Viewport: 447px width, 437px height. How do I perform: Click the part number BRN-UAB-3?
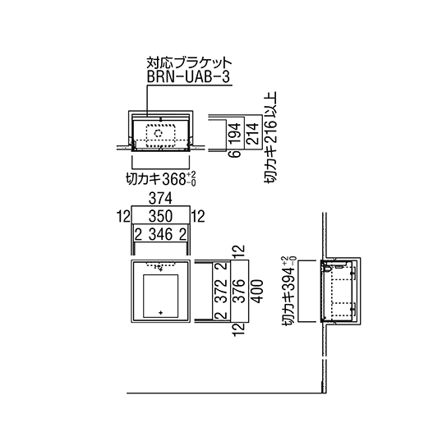188,76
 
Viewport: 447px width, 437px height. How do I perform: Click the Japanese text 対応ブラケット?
189,62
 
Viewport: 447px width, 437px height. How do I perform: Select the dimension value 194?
236,133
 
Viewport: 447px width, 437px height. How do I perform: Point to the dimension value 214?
252,133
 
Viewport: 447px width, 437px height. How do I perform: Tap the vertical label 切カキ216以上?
270,137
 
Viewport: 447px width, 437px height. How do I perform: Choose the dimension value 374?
160,199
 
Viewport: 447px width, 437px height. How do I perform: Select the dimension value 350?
160,216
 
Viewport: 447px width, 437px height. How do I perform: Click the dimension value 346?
161,235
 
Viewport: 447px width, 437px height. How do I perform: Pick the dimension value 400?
256,292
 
